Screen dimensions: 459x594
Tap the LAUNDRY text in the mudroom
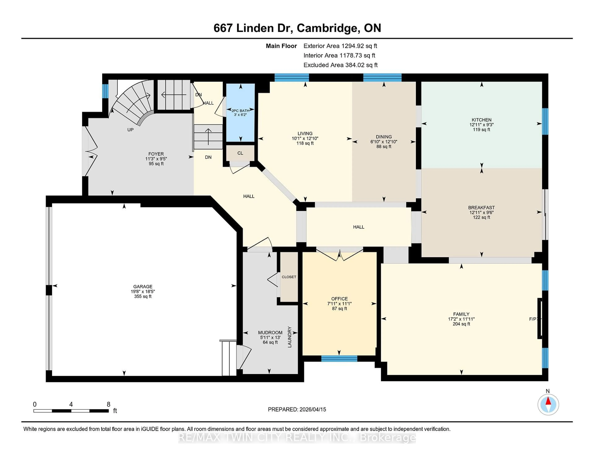click(x=289, y=337)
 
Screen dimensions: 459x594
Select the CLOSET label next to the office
click(x=289, y=277)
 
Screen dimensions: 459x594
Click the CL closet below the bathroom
click(x=240, y=153)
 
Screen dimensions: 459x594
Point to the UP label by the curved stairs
click(x=130, y=130)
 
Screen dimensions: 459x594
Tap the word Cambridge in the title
click(x=327, y=28)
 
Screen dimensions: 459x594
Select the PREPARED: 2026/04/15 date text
click(x=297, y=409)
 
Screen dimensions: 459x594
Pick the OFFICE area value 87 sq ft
click(x=339, y=309)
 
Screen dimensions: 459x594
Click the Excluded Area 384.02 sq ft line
click(x=340, y=65)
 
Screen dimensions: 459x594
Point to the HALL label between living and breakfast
click(x=358, y=227)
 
